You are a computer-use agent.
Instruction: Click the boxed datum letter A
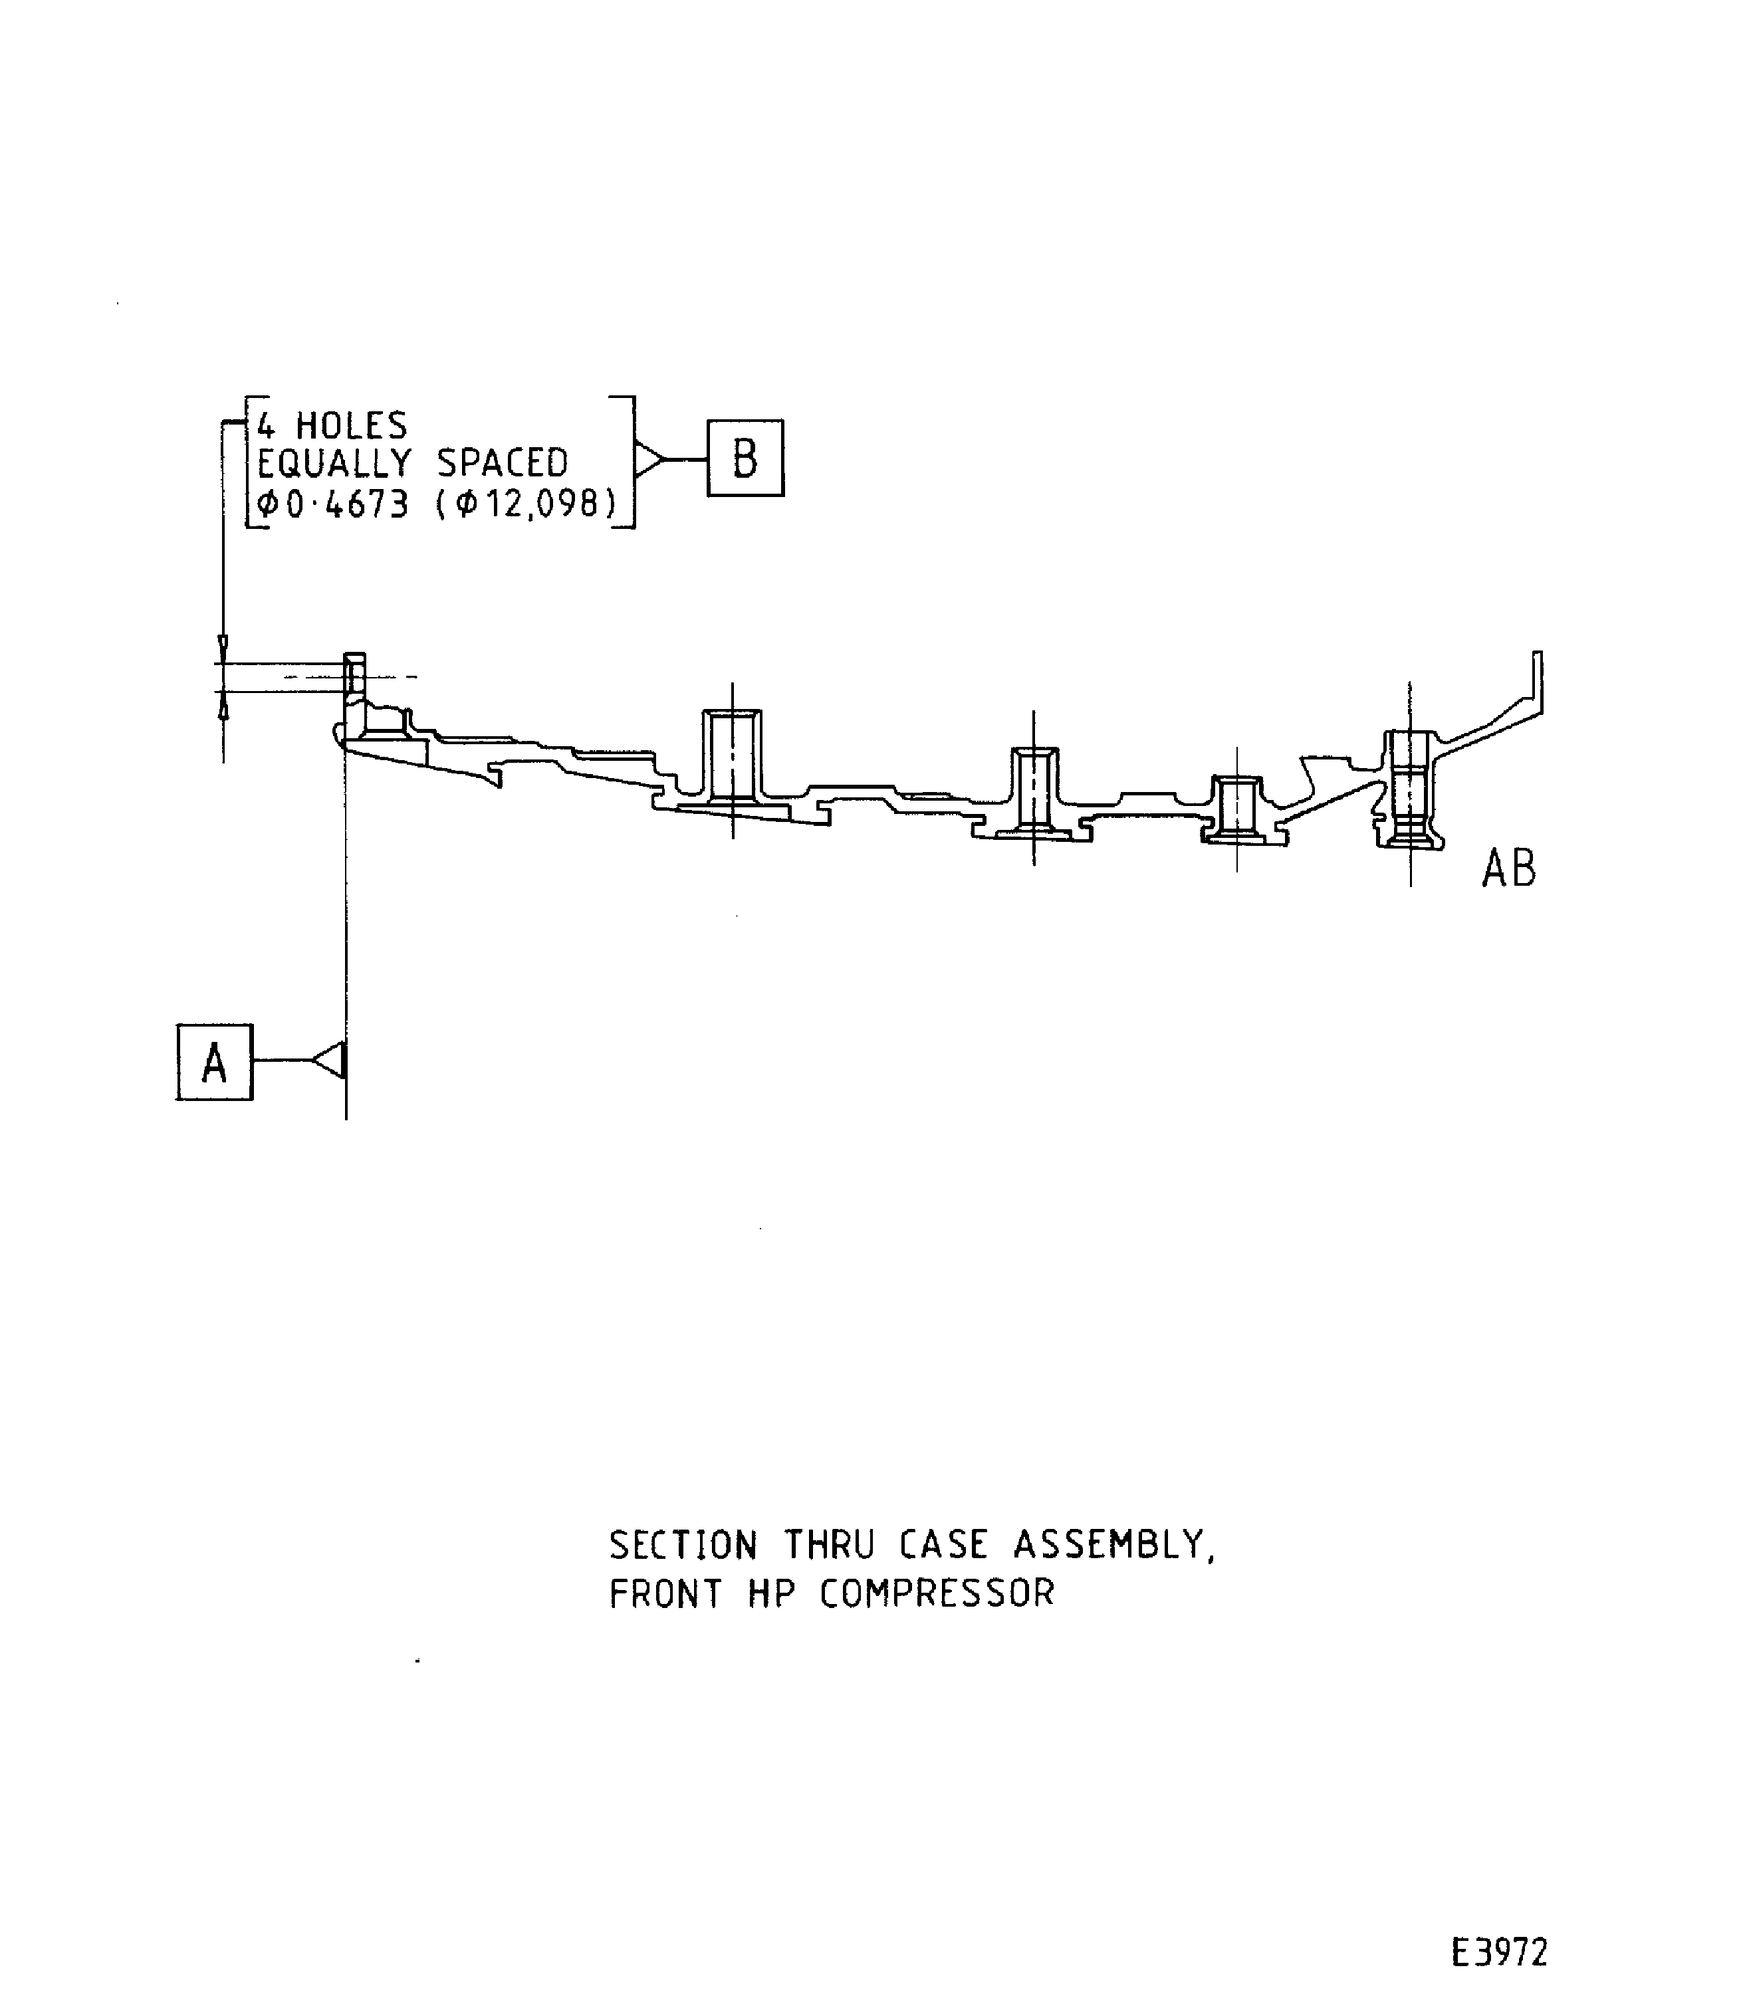214,1062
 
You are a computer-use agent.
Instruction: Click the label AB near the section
1508,869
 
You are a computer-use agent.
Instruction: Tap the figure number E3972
1499,1926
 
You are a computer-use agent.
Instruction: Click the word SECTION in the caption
683,1544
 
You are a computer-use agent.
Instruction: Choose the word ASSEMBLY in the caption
1113,1544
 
